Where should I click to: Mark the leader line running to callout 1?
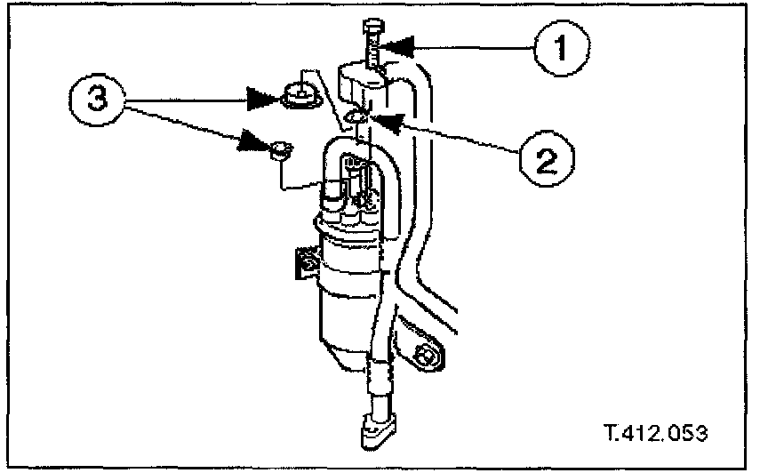point(471,44)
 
